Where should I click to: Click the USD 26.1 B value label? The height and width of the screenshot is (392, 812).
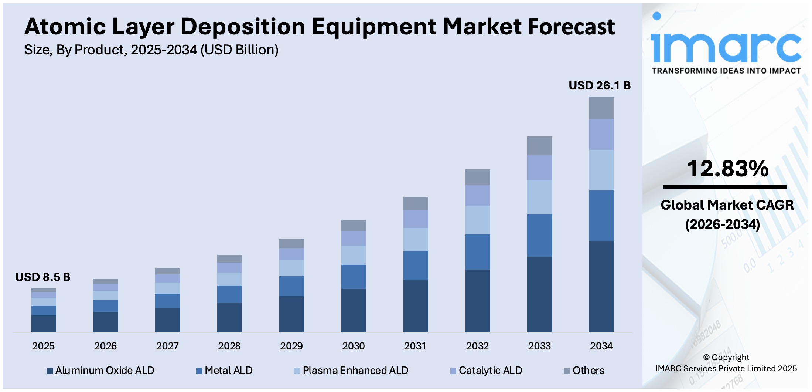tap(599, 85)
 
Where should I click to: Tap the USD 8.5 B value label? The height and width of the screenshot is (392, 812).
tap(43, 277)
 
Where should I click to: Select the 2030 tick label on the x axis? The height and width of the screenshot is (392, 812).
tap(353, 346)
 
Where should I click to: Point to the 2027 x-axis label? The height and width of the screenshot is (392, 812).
tap(167, 346)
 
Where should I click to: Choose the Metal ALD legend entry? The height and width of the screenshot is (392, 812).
tap(224, 371)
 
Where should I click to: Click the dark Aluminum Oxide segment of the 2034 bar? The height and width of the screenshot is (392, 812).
tap(601, 287)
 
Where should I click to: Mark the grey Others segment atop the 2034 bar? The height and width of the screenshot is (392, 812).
tap(601, 108)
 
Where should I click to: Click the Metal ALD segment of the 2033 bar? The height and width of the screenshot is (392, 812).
tap(539, 236)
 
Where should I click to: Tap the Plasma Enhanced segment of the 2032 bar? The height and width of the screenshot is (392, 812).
tap(478, 220)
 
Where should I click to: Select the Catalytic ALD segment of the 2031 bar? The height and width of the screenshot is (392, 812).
tap(416, 219)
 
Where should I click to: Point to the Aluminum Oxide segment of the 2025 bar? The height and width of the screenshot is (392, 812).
tap(44, 324)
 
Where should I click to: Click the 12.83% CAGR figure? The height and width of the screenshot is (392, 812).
tap(727, 169)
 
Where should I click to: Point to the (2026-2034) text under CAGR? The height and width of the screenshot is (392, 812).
tap(723, 224)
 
